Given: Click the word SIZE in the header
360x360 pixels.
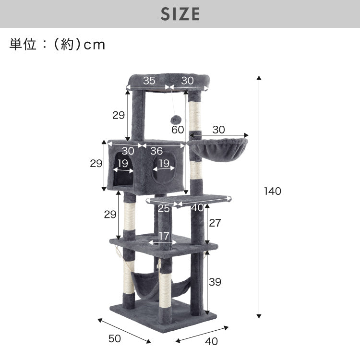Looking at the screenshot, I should pyautogui.click(x=180, y=14).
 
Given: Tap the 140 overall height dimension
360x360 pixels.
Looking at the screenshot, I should pyautogui.click(x=272, y=191).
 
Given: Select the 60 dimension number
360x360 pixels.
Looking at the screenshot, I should pyautogui.click(x=177, y=130).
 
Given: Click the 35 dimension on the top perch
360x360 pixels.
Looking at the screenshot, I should pyautogui.click(x=149, y=80).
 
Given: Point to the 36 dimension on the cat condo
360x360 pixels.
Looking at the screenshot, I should pyautogui.click(x=156, y=151).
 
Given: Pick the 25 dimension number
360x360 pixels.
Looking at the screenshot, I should pyautogui.click(x=164, y=208).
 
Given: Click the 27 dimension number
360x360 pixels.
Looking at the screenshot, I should pyautogui.click(x=215, y=223).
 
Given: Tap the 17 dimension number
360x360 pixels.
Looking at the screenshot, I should pyautogui.click(x=163, y=236).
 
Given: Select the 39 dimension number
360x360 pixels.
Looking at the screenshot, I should pyautogui.click(x=215, y=282).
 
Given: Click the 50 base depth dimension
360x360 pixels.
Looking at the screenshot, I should pyautogui.click(x=114, y=338).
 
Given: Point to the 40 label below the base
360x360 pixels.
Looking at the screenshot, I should pyautogui.click(x=211, y=341).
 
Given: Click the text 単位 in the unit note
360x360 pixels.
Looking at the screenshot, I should pyautogui.click(x=22, y=45).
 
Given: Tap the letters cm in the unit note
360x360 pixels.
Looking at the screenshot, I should pyautogui.click(x=94, y=45).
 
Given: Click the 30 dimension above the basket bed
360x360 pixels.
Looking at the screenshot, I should pyautogui.click(x=218, y=130).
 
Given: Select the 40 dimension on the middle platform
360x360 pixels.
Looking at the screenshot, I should pyautogui.click(x=196, y=208).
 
